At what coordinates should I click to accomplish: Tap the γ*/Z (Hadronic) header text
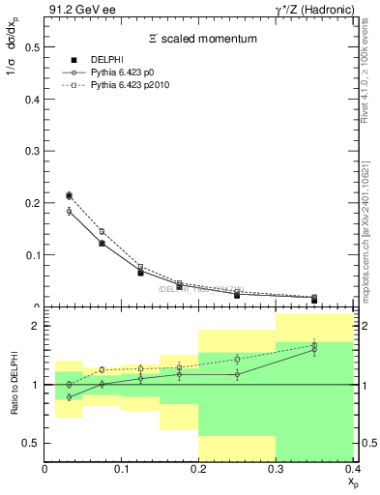pos(313,10)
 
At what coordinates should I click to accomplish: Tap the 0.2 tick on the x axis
pos(199,470)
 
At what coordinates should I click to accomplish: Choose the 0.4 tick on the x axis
pos(351,470)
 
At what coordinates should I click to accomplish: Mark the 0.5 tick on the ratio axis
pos(31,443)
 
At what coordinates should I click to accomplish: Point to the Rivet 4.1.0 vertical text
pos(371,64)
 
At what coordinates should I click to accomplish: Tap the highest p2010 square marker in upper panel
pos(69,195)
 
